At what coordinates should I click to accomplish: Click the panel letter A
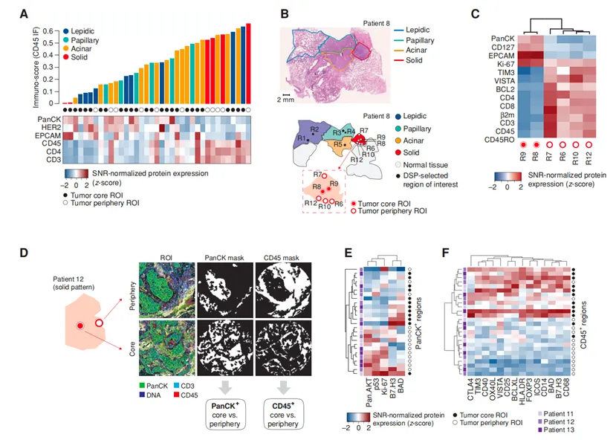(x=25, y=14)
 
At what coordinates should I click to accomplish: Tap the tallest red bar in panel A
(x=248, y=63)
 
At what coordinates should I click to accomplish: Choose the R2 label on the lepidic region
(x=314, y=131)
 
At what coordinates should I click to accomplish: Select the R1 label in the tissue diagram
(x=302, y=139)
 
